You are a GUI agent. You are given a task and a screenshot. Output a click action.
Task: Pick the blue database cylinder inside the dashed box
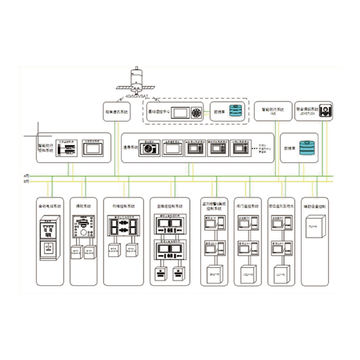[236, 111]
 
